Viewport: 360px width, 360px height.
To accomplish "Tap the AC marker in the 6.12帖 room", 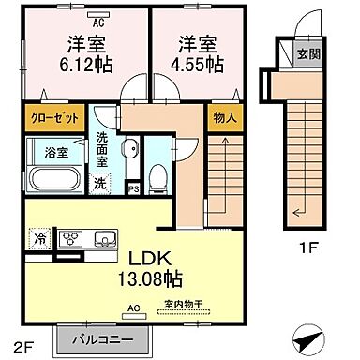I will (98, 18).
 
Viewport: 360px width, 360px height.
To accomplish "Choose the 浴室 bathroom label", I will (46, 150).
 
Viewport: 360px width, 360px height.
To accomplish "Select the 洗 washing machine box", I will (99, 183).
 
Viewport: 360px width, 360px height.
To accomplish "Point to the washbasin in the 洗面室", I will (130, 153).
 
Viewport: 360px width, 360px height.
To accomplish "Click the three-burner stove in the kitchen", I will (70, 237).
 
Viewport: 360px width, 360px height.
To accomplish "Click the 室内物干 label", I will (182, 304).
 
